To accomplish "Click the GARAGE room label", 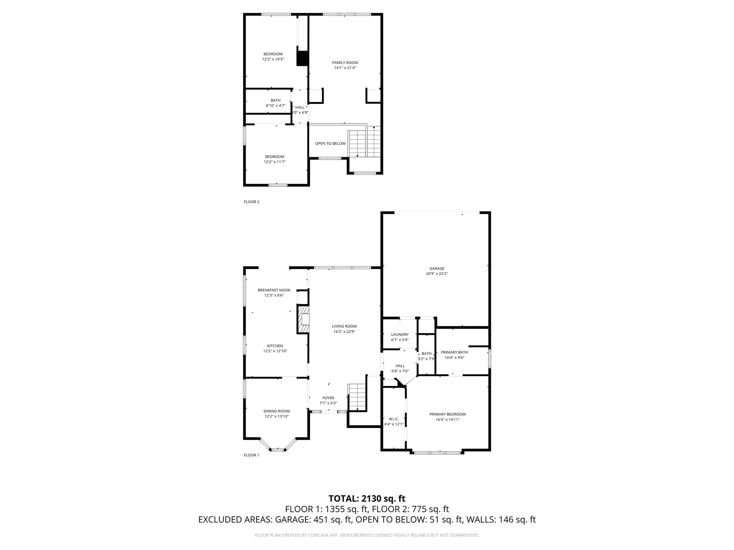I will click(437, 268).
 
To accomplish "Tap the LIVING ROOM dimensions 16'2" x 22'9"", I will click(344, 332).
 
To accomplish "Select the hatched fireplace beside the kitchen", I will click(303, 319).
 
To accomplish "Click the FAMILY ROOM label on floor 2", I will click(345, 63).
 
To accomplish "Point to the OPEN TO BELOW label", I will click(330, 144).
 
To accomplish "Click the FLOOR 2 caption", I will click(252, 202).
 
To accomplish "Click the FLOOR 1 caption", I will click(251, 455).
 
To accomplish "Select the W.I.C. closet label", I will click(394, 419).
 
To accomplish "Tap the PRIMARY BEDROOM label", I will click(447, 414).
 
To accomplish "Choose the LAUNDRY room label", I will click(400, 334).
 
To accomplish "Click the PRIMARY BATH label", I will click(454, 352).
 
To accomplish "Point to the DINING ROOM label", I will click(276, 411).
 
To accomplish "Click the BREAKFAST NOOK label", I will click(274, 290).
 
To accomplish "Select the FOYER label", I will click(328, 398).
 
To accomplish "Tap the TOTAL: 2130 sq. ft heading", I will click(367, 498).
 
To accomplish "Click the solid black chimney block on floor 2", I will click(302, 58).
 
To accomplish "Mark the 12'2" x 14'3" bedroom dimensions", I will click(273, 59).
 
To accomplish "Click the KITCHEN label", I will click(275, 346).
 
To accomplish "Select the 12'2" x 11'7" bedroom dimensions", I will click(275, 162).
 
